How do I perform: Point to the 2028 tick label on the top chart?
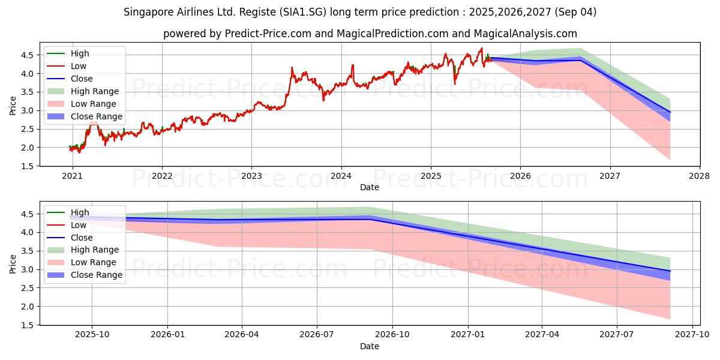click(700, 176)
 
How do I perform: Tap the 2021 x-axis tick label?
click(72, 176)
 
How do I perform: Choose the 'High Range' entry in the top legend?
click(95, 91)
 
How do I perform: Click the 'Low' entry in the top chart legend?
click(79, 66)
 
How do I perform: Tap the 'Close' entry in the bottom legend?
click(82, 238)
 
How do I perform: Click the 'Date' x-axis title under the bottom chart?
click(370, 347)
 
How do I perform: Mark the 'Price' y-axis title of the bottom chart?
click(13, 263)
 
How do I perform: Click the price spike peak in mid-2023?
click(292, 67)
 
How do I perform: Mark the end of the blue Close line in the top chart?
click(670, 112)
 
